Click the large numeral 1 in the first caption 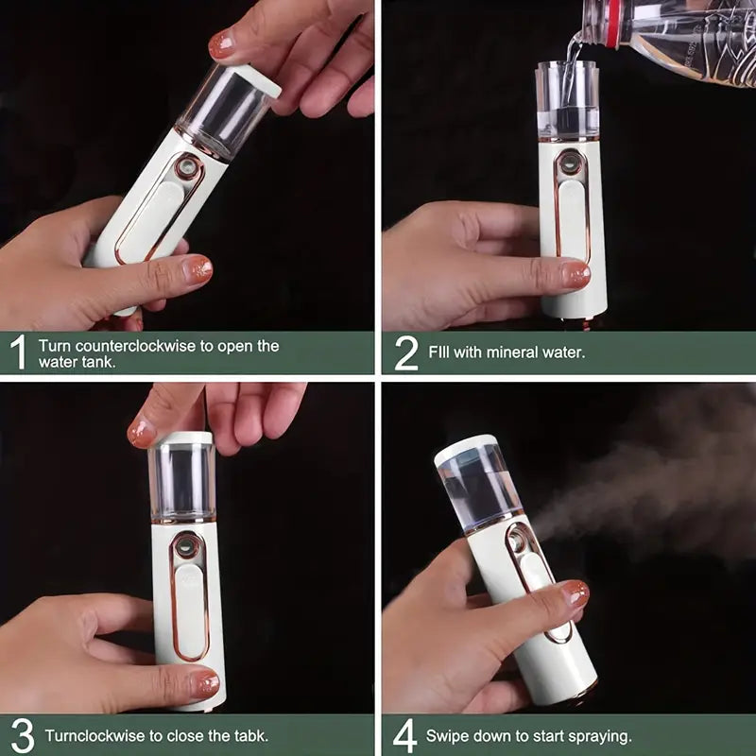coord(19,352)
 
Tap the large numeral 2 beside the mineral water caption coord(406,352)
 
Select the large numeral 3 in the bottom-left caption coord(23,736)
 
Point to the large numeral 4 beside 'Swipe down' coord(404,736)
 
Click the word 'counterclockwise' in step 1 coord(135,346)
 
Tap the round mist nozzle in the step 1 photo coord(186,168)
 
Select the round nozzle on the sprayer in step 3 coord(185,546)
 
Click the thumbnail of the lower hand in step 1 coord(198,269)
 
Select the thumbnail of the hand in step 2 coord(576,275)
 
